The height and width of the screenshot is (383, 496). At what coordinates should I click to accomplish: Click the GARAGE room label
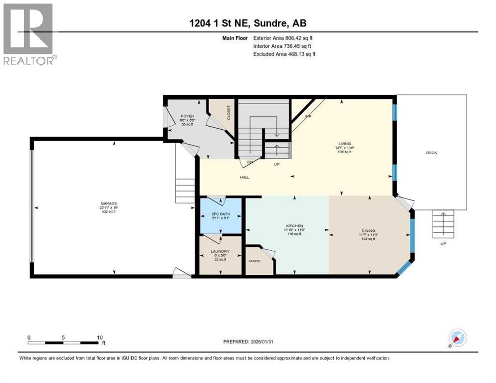(108, 203)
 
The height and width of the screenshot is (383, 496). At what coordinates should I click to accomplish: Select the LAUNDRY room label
(220, 251)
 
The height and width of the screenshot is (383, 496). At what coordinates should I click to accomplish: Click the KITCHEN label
(294, 226)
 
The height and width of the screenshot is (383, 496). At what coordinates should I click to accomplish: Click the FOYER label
(187, 116)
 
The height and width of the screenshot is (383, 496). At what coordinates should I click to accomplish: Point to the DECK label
(431, 153)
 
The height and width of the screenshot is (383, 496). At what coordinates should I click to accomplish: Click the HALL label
(245, 177)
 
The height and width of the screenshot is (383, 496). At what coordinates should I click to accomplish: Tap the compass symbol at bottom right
(458, 338)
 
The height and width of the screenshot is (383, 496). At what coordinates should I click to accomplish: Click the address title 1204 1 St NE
(249, 23)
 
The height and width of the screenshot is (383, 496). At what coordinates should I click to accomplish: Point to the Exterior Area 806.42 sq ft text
(283, 38)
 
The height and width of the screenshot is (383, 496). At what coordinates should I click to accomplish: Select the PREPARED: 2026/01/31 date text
(248, 342)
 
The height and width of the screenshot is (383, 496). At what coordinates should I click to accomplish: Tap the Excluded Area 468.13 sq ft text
(284, 54)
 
